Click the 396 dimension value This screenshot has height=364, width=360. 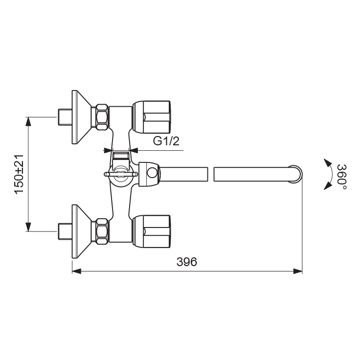coord(186,262)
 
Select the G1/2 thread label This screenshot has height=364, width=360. coord(167,141)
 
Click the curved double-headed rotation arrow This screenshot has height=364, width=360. coord(326,174)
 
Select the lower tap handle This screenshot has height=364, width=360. coord(152,230)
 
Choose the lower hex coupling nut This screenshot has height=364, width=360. coord(102,230)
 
